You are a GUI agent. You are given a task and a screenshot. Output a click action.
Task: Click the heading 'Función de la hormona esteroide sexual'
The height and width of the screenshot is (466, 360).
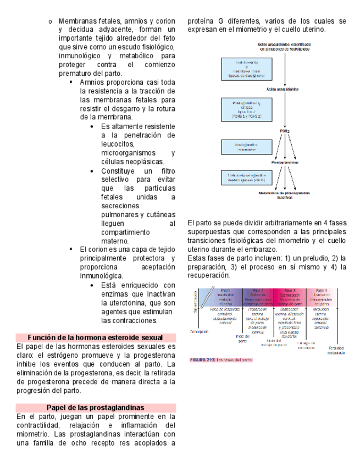pos(96,337)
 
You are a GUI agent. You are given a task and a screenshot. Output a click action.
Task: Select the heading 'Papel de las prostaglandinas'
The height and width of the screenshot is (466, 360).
pos(96,408)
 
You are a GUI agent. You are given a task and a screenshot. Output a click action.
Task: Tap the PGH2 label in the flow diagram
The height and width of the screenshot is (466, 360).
pos(285,131)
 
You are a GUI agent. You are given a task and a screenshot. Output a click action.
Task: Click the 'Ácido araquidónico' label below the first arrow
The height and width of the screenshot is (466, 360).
pos(285,88)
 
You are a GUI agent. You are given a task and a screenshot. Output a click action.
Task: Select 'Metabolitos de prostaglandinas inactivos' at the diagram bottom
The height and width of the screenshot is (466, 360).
pos(285,195)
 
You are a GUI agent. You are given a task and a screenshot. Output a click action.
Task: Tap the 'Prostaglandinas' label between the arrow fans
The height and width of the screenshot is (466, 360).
pos(285,163)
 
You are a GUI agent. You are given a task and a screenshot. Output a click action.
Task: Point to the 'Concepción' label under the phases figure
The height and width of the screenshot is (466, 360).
pos(200,331)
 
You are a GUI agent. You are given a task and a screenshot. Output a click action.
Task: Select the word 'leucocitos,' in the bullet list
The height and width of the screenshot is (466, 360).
pos(117,144)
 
